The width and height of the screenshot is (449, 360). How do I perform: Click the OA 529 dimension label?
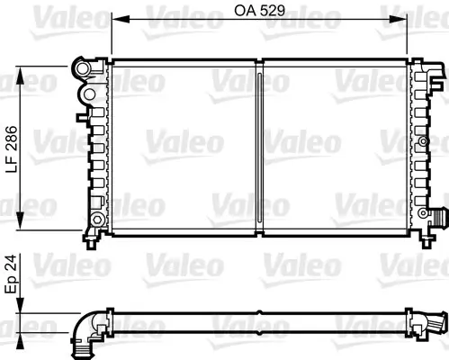[x=259, y=11]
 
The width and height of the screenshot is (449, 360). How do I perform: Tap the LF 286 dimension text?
[x=13, y=149]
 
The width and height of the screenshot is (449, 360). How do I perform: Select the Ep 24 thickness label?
[x=11, y=274]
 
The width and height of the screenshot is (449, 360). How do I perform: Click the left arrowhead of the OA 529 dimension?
[x=121, y=20]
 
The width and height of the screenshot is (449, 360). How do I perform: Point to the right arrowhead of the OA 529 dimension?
[x=399, y=20]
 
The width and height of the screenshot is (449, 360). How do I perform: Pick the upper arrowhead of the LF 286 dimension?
[x=20, y=76]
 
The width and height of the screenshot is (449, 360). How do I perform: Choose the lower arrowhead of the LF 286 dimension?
[x=20, y=220]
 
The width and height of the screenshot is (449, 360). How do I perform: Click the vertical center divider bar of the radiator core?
[x=259, y=147]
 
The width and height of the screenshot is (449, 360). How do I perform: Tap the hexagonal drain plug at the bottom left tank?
[x=97, y=220]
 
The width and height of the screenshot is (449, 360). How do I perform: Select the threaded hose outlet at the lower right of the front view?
[x=438, y=216]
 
